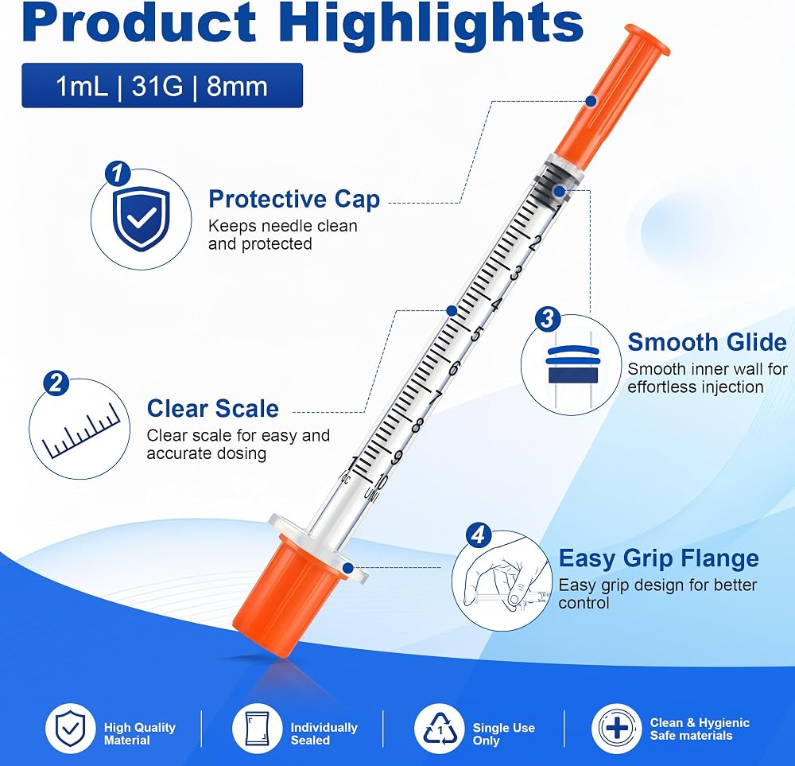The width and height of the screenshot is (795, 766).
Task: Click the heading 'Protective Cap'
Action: [294, 200]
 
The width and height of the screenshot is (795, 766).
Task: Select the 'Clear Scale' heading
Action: [213, 409]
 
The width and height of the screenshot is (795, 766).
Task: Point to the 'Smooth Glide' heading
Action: [708, 342]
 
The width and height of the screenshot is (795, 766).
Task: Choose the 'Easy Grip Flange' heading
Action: [658, 558]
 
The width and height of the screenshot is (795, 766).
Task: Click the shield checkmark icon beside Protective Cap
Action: [142, 218]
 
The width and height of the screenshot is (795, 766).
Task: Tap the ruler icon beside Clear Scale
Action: [80, 432]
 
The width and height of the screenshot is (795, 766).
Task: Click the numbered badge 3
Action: [548, 320]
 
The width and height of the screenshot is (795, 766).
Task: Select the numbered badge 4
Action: [478, 535]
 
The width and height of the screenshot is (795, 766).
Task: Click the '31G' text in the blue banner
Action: [157, 86]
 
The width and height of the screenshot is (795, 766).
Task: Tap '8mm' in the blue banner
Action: [237, 86]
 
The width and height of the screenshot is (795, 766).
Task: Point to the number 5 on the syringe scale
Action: [476, 334]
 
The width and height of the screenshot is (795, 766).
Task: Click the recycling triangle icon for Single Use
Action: [440, 729]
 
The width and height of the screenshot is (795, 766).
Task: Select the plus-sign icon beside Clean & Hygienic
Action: [617, 729]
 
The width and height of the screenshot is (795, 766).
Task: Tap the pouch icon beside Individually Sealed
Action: [257, 729]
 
